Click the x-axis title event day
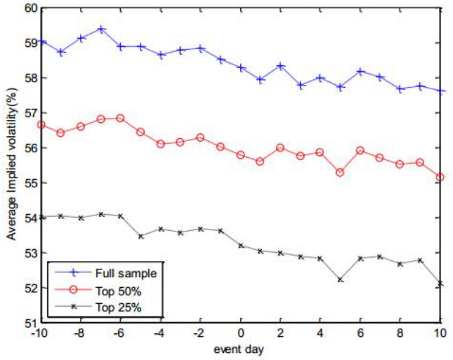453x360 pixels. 239,347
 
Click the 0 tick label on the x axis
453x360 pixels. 241,335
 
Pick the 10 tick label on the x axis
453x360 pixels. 440,335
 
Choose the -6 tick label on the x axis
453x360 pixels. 121,335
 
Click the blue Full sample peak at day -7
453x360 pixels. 101,29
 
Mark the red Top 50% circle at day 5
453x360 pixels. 341,172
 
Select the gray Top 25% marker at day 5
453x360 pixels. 341,279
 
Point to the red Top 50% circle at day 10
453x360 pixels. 440,177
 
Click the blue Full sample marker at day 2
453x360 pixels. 281,66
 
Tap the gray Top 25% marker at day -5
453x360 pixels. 141,236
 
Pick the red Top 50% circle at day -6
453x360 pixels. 121,118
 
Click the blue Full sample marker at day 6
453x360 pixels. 361,71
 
